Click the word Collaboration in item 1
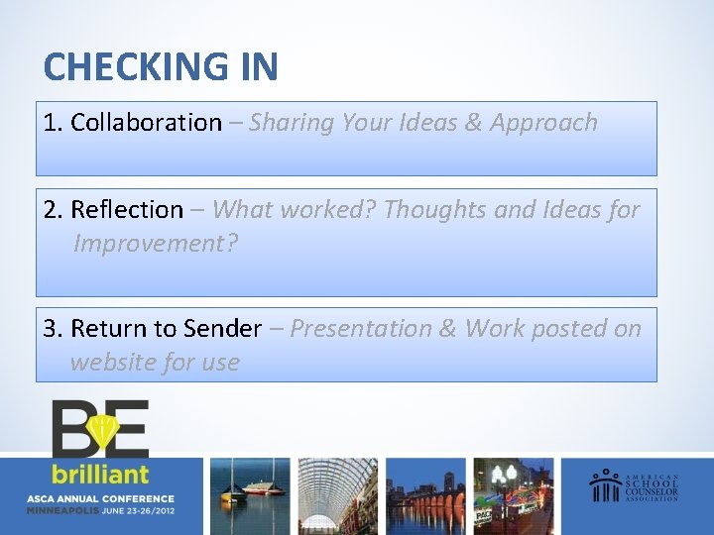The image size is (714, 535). point(146,123)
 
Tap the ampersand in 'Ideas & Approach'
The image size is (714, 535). point(472,123)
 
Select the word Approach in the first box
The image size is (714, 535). point(543,123)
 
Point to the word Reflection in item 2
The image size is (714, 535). point(127,210)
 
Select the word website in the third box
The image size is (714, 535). point(112,363)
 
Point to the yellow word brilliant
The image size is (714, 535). point(101,474)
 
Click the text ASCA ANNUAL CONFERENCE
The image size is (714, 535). point(101,498)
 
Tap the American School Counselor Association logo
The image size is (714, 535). point(636,485)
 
